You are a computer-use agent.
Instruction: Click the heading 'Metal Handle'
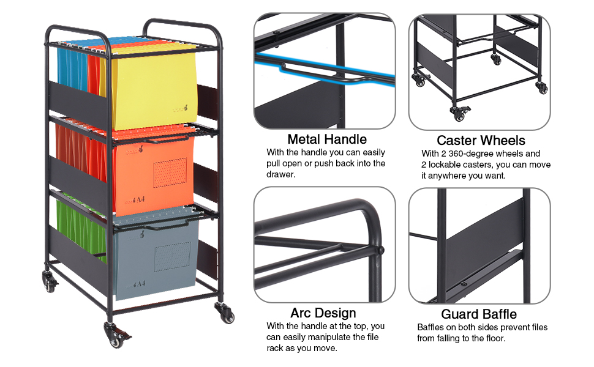pos(327,139)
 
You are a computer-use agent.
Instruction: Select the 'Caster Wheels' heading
pos(481,141)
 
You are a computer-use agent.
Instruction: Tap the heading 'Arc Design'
pos(323,314)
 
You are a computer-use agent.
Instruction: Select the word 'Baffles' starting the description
pos(432,327)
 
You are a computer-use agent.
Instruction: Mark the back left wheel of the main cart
pos(48,282)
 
